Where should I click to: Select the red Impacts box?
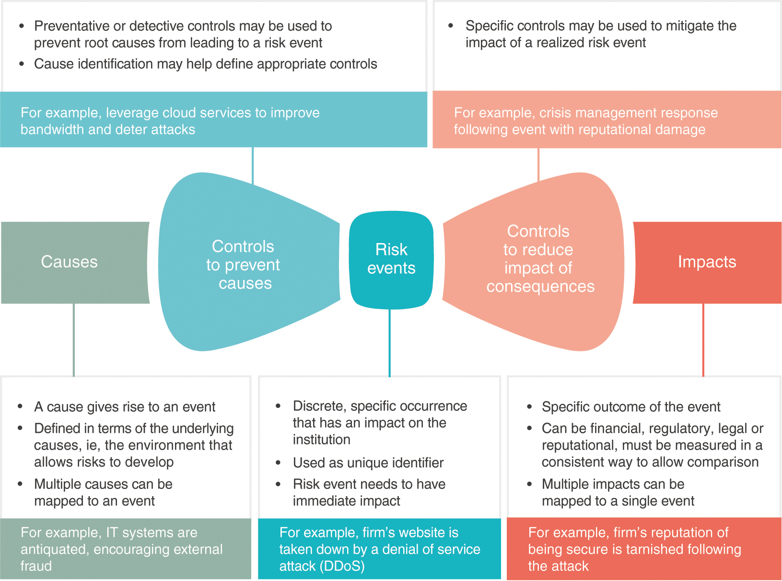pos(707,262)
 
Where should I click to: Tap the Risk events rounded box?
pos(391,259)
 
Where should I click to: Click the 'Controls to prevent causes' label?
pos(244,265)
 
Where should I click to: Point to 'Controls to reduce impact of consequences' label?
pos(539,259)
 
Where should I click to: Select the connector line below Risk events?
pos(389,342)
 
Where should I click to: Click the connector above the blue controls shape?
pos(253,165)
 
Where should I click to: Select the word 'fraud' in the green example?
pos(36,566)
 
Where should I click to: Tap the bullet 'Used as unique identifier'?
pos(368,463)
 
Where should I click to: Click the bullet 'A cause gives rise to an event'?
pos(125,407)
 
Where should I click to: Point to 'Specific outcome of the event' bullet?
pos(630,407)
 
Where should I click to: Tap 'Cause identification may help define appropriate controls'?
pos(205,64)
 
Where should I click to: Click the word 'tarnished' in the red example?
pos(654,549)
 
